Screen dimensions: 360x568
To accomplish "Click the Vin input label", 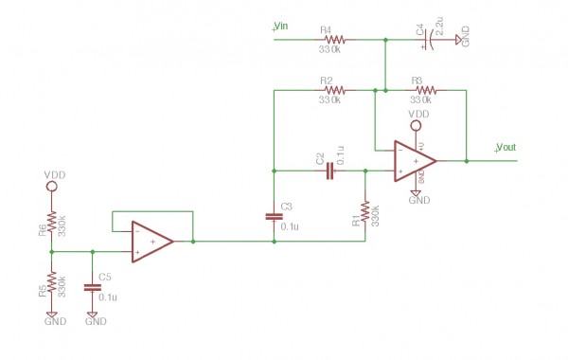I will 282,26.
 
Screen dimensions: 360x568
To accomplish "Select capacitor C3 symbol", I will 275,216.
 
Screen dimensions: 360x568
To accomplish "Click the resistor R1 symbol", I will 365,210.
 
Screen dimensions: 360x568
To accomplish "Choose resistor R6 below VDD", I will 52,223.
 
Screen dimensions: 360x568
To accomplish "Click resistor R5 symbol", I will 52,283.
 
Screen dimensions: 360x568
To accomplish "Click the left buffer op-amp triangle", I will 152,242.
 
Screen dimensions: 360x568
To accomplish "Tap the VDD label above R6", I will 54,176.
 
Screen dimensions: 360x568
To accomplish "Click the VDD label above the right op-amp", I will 417,115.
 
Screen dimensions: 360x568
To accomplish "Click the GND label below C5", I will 96,321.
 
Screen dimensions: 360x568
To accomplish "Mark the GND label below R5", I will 54,321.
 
